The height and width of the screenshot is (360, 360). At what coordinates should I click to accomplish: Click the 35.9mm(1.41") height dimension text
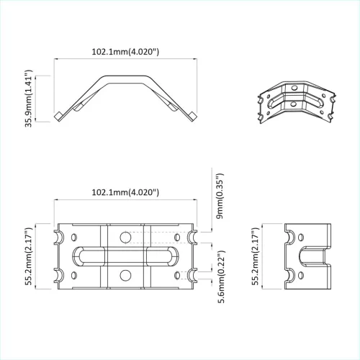pyautogui.click(x=30, y=99)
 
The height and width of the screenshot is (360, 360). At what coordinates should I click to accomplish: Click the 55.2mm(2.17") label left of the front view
pyautogui.click(x=30, y=256)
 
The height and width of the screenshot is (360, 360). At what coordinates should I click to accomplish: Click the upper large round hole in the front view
pyautogui.click(x=125, y=238)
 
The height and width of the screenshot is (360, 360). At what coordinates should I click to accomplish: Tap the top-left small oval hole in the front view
pyautogui.click(x=74, y=236)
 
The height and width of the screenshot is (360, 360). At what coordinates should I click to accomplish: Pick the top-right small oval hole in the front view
pyautogui.click(x=176, y=236)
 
